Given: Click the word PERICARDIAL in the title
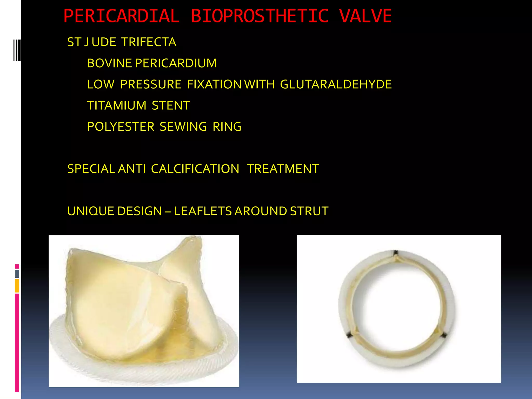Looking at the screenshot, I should pos(121,16).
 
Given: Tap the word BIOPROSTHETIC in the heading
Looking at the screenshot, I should pos(260,16).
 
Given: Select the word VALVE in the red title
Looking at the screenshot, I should pos(365,16).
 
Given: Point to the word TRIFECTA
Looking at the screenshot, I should pos(149,42).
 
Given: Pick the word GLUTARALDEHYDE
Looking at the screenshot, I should pos(336,84).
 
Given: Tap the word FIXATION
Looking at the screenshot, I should pos(214,84).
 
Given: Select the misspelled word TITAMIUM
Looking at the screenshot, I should pos(117,105).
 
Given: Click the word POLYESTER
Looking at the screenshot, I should pos(121,127).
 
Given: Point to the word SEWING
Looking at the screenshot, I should pos(183,127).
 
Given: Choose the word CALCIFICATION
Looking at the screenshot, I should pos(195,169).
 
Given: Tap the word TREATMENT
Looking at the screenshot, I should pos(283,169).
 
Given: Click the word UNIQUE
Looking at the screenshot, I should pos(90,211).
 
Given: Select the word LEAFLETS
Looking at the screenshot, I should pos(203,211).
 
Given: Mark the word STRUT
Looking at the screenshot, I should pos(309,211).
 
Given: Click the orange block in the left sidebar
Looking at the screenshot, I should pos(17,286).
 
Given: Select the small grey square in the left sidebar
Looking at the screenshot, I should pos(17,274).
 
